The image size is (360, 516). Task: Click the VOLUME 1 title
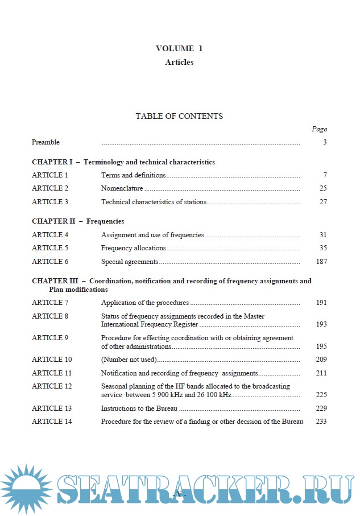(179, 48)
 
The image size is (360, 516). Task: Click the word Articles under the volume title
(179, 63)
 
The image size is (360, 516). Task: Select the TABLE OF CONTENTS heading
(179, 116)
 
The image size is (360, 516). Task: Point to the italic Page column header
(319, 129)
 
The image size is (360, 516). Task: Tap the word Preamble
(45, 142)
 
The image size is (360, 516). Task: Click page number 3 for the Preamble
(325, 142)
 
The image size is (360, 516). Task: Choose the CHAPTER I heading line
(123, 162)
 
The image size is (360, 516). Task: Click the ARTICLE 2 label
(50, 188)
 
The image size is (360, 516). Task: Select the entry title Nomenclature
(122, 188)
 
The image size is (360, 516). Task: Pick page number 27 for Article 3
(323, 202)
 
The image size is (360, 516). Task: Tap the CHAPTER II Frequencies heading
(78, 221)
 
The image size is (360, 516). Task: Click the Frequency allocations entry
(133, 248)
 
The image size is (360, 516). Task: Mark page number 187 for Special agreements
(321, 262)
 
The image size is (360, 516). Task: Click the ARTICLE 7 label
(50, 303)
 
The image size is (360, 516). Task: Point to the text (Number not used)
(129, 360)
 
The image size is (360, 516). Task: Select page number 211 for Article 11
(321, 373)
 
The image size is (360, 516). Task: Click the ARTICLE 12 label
(52, 386)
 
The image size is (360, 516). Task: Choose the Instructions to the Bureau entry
(140, 408)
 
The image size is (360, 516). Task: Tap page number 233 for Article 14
(321, 422)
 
